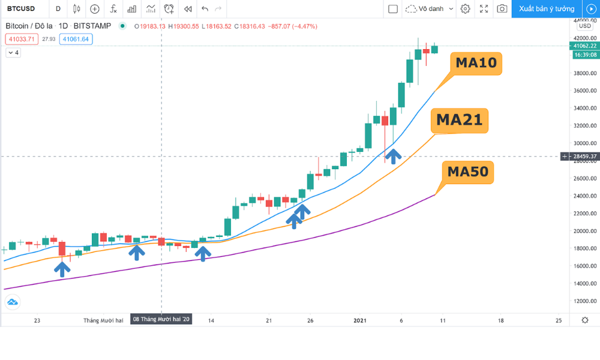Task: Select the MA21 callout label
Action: point(459,120)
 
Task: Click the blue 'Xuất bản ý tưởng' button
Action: point(546,9)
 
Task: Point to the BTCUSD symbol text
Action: point(21,9)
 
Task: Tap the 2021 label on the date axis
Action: point(360,320)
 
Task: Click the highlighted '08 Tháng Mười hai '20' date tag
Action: point(161,320)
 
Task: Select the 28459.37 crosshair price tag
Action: point(584,157)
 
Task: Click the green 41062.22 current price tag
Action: point(584,46)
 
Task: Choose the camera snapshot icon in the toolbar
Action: point(502,9)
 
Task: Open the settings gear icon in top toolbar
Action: point(465,9)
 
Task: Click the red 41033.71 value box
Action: point(22,39)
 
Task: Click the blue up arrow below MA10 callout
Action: point(393,156)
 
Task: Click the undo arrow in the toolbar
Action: point(205,9)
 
